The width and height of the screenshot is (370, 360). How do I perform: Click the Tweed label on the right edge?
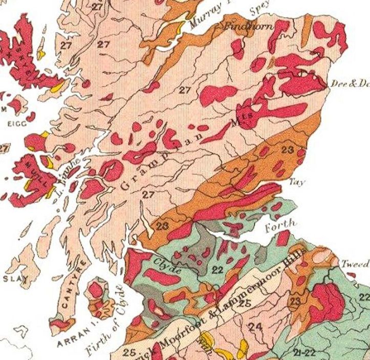(356, 264)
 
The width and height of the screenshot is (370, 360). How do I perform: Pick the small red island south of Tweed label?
(353, 277)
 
